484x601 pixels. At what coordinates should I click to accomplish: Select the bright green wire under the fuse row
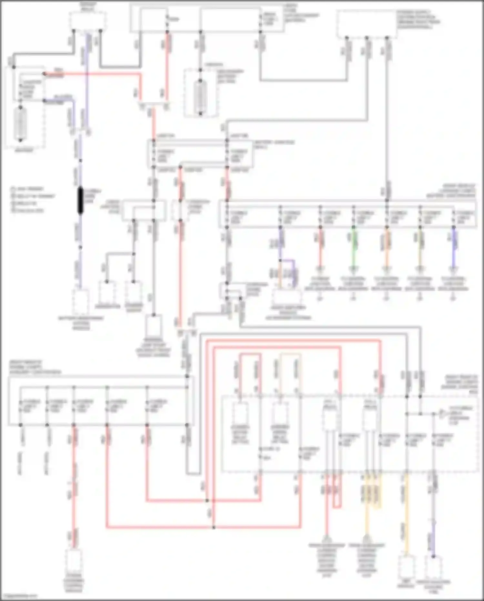pos(354,249)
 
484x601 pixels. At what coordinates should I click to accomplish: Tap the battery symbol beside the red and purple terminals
pos(20,123)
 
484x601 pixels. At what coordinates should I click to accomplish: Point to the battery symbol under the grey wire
pos(200,97)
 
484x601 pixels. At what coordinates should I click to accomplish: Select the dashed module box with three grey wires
pos(367,24)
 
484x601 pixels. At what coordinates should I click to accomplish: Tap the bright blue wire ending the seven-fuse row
pos(454,249)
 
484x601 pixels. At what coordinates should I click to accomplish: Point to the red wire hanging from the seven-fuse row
pos(320,249)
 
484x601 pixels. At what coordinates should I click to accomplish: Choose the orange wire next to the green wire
pos(387,249)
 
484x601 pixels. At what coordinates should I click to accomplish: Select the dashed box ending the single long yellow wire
pos(406,567)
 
